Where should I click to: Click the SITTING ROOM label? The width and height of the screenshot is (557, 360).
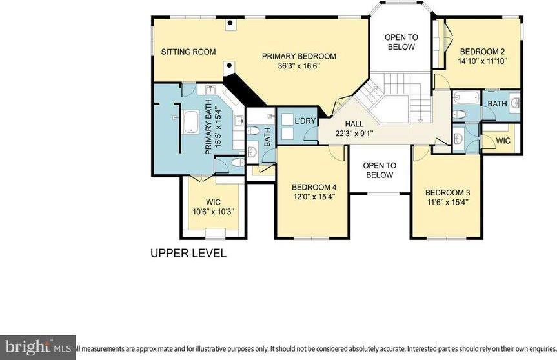tap(188, 52)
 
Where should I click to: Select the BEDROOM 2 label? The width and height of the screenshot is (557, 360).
tap(482, 52)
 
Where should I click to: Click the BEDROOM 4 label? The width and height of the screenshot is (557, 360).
tap(314, 188)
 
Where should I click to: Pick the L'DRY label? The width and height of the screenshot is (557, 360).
tap(303, 121)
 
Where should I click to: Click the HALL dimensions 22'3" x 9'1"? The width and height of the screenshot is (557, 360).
tap(354, 134)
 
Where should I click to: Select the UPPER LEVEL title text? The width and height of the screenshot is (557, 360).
tap(188, 254)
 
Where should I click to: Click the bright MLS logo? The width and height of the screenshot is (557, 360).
tap(36, 347)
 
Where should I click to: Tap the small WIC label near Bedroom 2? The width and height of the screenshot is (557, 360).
tap(503, 140)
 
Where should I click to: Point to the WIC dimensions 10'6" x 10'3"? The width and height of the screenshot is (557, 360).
tap(213, 212)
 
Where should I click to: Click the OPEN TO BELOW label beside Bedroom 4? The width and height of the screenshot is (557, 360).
tap(380, 170)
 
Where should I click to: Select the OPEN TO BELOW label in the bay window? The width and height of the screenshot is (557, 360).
tap(401, 42)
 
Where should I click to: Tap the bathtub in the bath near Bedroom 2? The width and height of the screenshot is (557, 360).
tap(465, 99)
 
